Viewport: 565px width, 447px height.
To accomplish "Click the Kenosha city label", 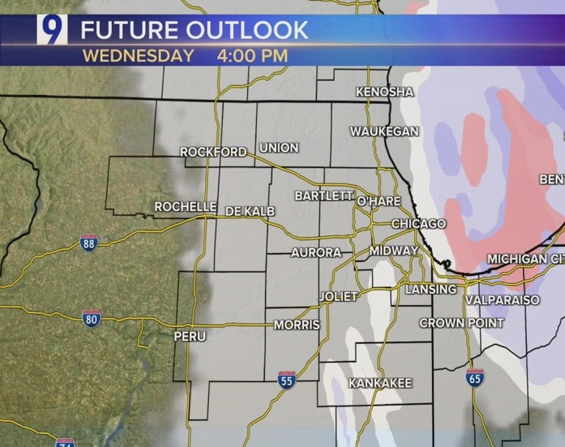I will (x=384, y=92).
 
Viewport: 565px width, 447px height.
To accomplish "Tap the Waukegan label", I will (x=384, y=132).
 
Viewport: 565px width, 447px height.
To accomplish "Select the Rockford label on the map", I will (x=213, y=152).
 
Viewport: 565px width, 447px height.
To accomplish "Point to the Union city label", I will (x=279, y=148).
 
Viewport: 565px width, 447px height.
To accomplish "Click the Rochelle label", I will (x=185, y=207).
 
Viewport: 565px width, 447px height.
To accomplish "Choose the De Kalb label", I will (x=249, y=212).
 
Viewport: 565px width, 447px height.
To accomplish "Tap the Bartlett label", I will (x=324, y=196).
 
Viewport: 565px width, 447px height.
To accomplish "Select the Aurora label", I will (x=316, y=252).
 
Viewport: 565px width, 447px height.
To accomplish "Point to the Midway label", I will (x=394, y=251).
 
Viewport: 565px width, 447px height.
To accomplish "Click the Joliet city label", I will (x=338, y=296).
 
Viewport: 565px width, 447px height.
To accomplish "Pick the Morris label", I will (x=296, y=324).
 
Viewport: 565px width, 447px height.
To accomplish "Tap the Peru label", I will (x=191, y=336).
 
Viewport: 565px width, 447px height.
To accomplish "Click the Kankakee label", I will (x=380, y=383).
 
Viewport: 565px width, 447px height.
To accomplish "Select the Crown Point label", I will (x=461, y=323).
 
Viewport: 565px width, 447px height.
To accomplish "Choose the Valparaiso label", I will (x=502, y=300).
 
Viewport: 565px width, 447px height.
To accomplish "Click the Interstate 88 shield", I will (x=89, y=243).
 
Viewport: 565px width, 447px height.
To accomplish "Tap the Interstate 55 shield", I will (x=287, y=379).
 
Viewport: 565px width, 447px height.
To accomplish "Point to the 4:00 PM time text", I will (x=252, y=55).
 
